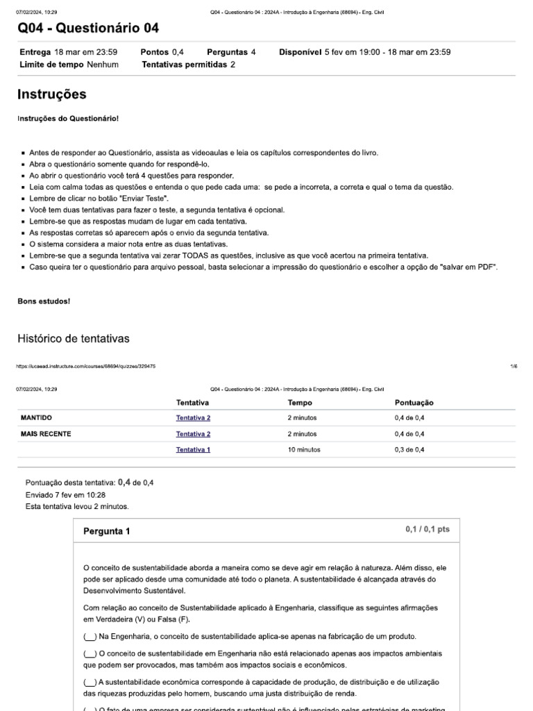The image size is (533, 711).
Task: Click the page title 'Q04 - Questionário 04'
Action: tap(87, 28)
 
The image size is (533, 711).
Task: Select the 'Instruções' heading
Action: tap(51, 94)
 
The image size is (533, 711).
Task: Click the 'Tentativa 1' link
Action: tap(193, 449)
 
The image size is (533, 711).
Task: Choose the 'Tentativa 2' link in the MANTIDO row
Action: tap(193, 418)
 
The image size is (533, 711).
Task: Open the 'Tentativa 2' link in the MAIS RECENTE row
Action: tap(193, 433)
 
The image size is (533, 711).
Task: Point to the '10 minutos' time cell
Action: tap(304, 449)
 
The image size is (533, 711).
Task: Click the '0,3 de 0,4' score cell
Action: tap(409, 449)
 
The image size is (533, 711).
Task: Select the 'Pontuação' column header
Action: tap(414, 402)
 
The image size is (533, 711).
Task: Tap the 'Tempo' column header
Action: tap(300, 402)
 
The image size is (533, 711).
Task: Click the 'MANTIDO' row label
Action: tap(37, 418)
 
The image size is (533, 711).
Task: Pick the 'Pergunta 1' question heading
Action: tap(106, 531)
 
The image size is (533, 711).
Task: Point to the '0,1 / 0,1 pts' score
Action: tap(428, 529)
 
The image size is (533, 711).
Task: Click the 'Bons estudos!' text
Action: tap(44, 301)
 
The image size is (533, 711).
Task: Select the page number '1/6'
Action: tap(513, 366)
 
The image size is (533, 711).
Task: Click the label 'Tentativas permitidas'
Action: tap(184, 65)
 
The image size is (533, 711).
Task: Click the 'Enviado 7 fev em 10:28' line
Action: tap(65, 494)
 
